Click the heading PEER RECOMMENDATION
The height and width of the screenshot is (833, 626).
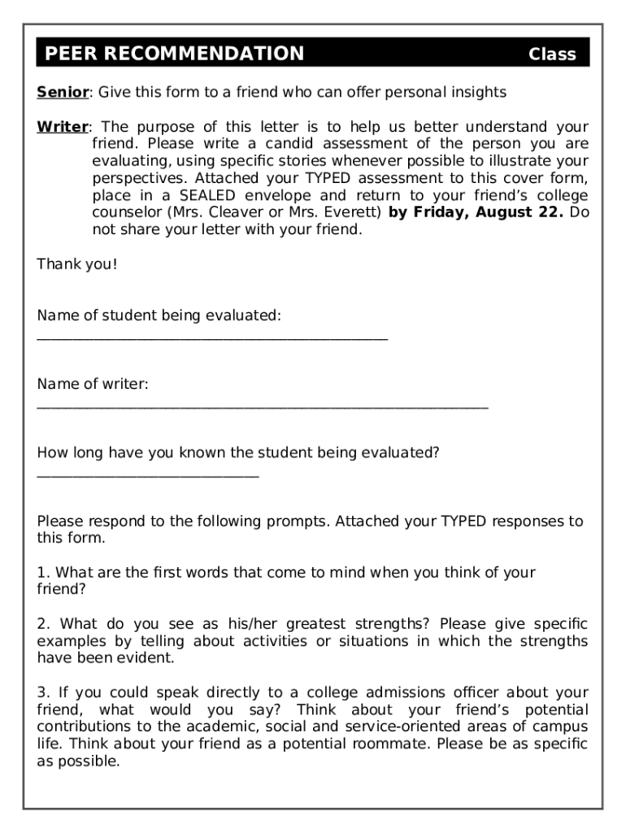pyautogui.click(x=174, y=55)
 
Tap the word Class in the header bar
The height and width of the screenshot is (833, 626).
pyautogui.click(x=552, y=55)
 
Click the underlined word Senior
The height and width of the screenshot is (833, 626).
pyautogui.click(x=63, y=92)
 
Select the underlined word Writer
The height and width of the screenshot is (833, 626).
pyautogui.click(x=63, y=127)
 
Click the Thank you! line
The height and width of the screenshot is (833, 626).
pyautogui.click(x=77, y=264)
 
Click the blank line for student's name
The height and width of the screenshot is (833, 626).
pyautogui.click(x=212, y=338)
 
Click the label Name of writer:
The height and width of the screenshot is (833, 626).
pyautogui.click(x=93, y=383)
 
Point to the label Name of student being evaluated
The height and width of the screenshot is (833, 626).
pyautogui.click(x=159, y=315)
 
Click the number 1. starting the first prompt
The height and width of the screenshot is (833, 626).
pyautogui.click(x=43, y=572)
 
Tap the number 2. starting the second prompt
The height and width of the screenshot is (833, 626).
pyautogui.click(x=43, y=624)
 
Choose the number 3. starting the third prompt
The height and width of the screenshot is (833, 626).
pyautogui.click(x=43, y=692)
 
